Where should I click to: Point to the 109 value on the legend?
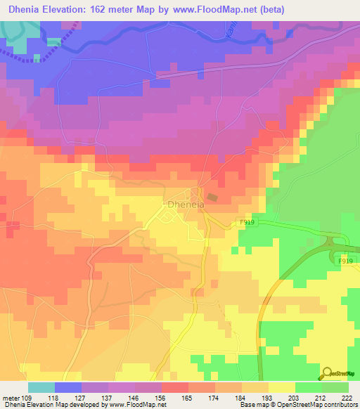click(x=28, y=397)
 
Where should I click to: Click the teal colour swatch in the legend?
click(x=41, y=387)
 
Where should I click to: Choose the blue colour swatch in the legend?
click(x=68, y=387)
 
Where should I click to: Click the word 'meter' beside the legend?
click(x=10, y=397)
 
